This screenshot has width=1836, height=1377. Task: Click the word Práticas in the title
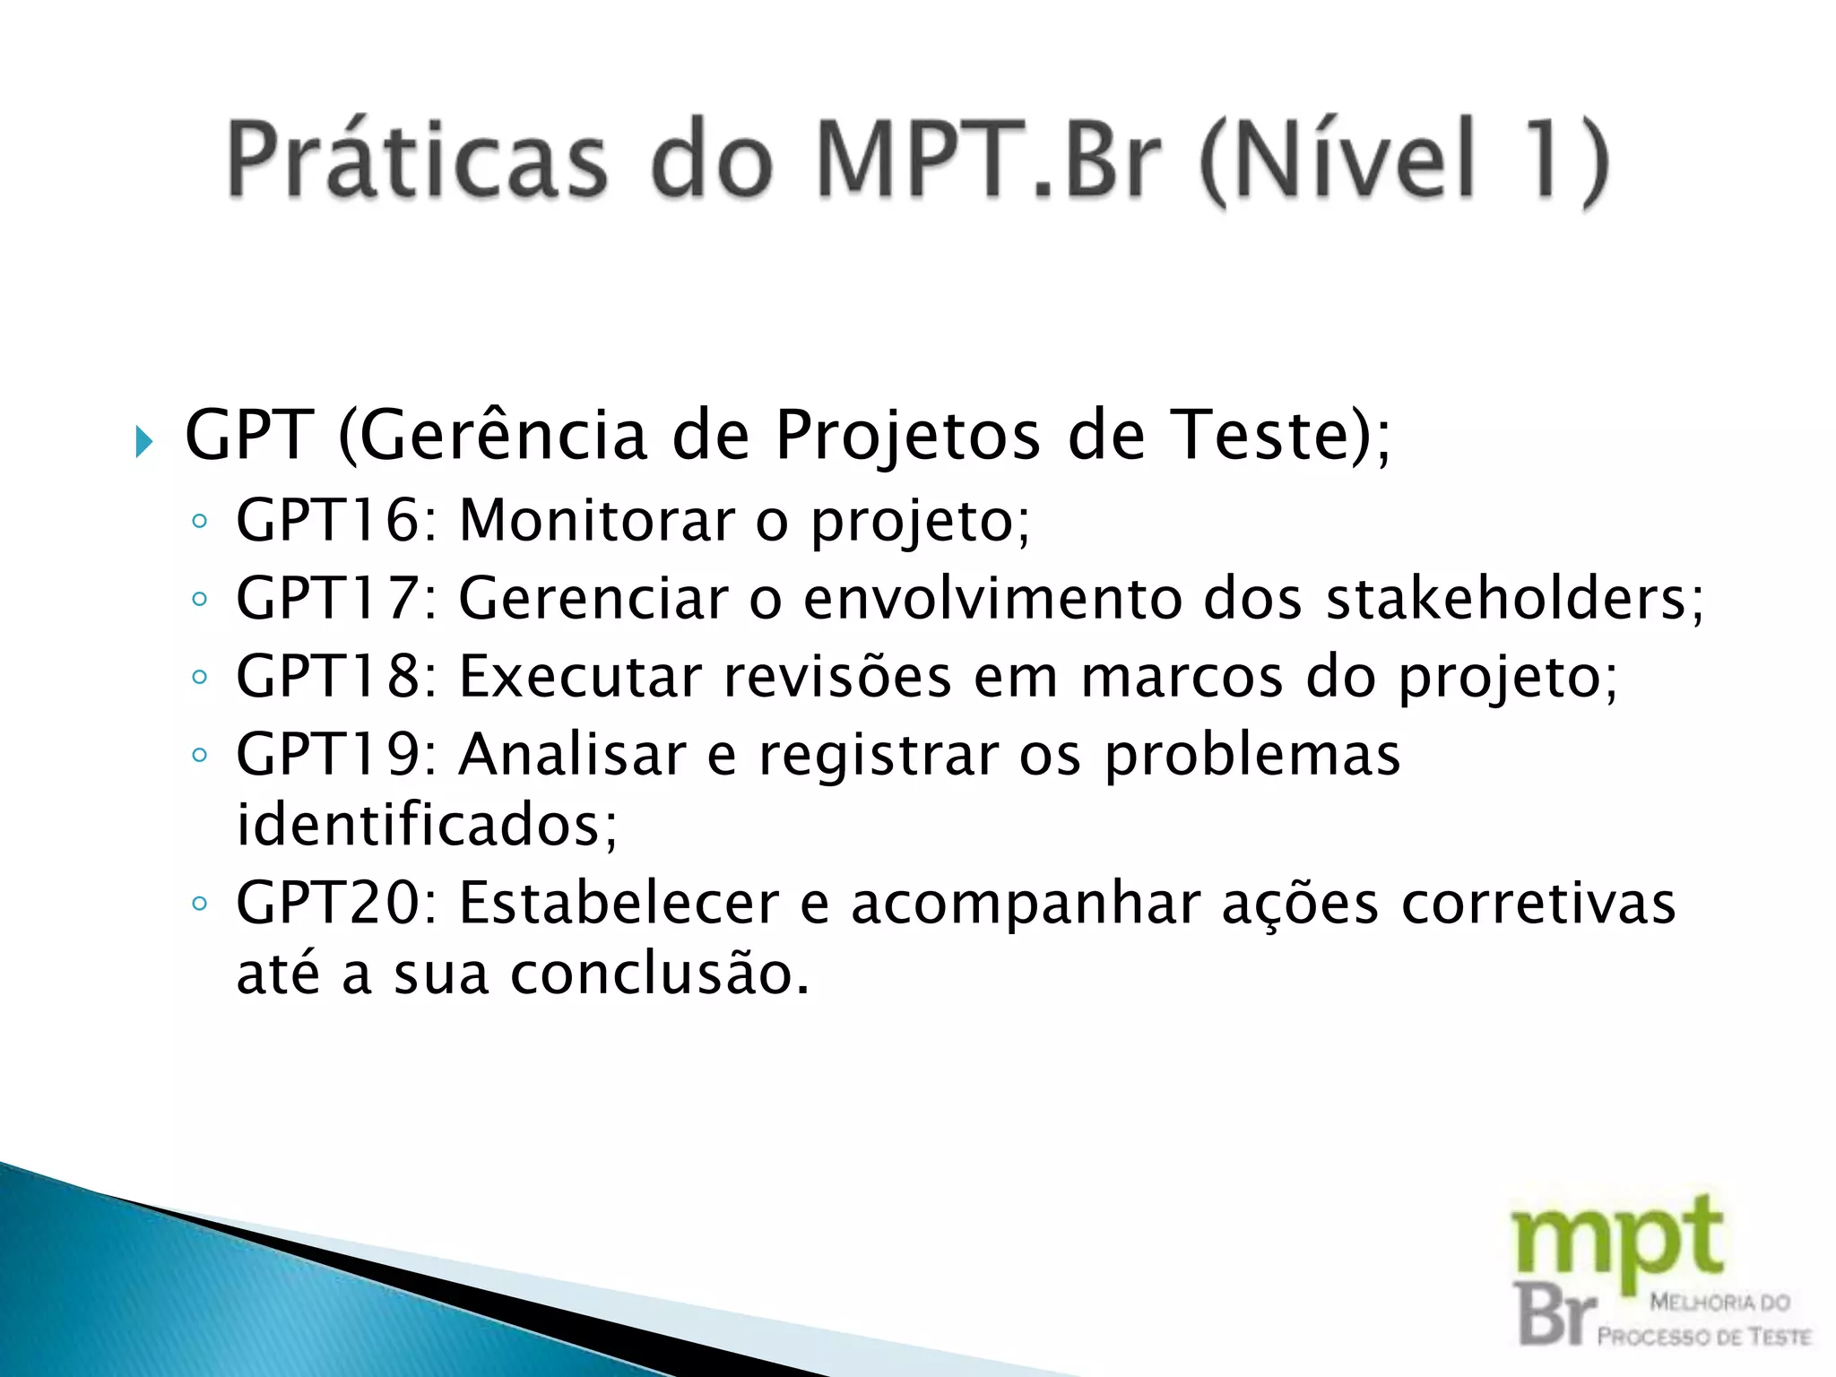417,160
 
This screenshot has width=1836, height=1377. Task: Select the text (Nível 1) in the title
1403,161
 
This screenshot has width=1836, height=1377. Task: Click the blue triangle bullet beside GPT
144,441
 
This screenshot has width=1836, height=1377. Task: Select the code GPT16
326,520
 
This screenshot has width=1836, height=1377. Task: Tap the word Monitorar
596,520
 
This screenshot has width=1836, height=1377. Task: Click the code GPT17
326,598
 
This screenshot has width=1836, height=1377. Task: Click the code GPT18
326,676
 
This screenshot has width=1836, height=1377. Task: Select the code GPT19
326,754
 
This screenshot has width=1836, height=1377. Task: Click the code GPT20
326,903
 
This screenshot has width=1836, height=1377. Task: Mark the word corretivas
1538,903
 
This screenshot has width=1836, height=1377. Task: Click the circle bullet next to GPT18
200,677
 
